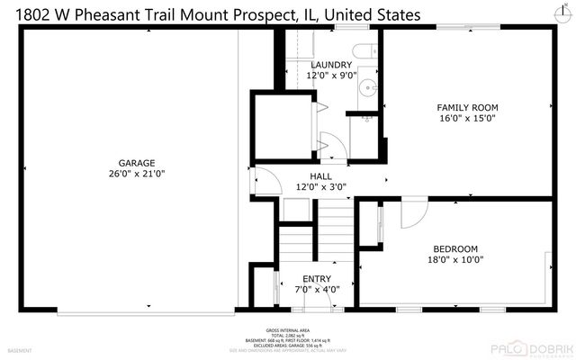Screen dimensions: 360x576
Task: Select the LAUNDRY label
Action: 332,65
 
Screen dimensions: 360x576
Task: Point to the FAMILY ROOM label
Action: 467,107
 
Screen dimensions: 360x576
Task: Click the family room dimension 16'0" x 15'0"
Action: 467,118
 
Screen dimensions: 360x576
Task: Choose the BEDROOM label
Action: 455,248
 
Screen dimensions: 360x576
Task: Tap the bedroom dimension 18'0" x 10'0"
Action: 455,259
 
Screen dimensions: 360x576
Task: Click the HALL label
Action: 321,176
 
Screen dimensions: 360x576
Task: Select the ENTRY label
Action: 317,278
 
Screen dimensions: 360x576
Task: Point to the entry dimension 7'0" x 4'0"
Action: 317,289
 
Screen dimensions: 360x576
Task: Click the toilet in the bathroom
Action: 362,51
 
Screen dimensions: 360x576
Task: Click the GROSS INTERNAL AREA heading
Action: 287,331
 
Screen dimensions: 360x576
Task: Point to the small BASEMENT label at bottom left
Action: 20,350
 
